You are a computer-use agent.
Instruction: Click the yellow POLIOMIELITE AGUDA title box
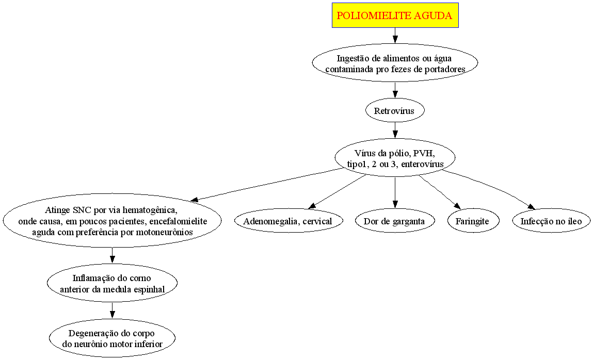[x=395, y=15]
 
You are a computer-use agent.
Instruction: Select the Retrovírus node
[x=395, y=110]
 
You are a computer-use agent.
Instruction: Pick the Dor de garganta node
[x=395, y=221]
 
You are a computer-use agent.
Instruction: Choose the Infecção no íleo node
[x=551, y=221]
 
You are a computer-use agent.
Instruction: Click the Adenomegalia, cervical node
[x=287, y=221]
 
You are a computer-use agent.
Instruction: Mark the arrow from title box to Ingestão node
[x=395, y=35]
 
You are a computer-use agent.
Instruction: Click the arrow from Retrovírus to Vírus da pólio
[x=395, y=129]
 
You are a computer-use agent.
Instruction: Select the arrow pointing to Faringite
[x=439, y=192]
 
